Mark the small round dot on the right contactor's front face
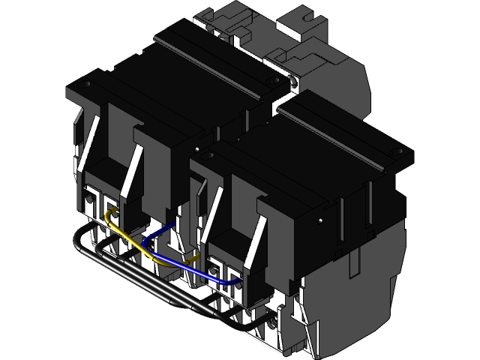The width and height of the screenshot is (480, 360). (320, 221)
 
